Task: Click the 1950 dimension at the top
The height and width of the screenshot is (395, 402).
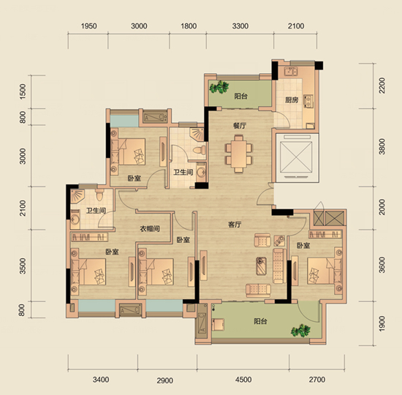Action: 88,26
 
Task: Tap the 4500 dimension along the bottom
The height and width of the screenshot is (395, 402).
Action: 243,380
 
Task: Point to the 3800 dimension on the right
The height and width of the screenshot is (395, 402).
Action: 382,146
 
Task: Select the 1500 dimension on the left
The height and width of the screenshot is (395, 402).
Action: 23,91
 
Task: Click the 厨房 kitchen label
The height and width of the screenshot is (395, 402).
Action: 292,99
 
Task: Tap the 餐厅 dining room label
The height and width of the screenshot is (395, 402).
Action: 240,126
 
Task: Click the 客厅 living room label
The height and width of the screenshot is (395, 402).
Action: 235,225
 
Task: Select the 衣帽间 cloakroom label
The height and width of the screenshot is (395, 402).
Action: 150,228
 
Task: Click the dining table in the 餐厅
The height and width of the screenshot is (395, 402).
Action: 239,154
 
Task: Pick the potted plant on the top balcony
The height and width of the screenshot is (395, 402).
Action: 219,87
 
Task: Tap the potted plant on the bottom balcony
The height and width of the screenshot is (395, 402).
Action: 300,331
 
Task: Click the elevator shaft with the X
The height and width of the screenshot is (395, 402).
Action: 296,157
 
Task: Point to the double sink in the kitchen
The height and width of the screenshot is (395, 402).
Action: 291,72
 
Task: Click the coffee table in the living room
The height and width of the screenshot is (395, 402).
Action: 261,266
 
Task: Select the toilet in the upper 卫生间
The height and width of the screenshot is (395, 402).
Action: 200,150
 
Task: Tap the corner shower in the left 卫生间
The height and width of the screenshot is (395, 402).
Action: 77,196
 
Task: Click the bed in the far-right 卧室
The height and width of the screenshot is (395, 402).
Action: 325,271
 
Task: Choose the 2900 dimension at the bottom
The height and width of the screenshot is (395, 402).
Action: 165,380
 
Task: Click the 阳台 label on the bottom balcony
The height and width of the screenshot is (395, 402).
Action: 261,321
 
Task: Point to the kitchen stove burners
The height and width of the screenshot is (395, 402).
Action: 308,101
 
